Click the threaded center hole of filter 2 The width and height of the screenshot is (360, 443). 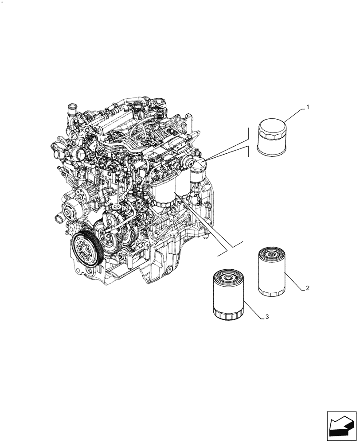pos(271,254)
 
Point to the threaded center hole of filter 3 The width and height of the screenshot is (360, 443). pos(228,277)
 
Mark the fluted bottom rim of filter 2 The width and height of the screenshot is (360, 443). pos(271,291)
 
